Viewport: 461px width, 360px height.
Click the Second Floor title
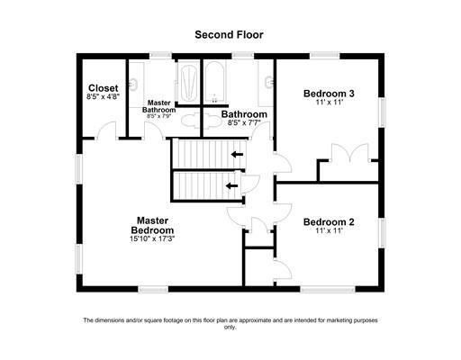point(229,35)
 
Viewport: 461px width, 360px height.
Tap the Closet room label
point(104,88)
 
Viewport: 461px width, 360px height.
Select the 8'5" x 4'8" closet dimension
point(104,96)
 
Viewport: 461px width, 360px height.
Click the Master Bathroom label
point(158,106)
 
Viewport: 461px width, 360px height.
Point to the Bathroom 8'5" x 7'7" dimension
point(244,122)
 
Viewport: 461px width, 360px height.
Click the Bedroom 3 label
point(329,94)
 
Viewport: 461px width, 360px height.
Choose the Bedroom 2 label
point(329,222)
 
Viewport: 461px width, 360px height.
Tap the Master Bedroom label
point(152,225)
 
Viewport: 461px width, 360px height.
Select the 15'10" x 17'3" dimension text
point(152,239)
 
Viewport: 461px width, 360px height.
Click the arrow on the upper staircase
point(237,155)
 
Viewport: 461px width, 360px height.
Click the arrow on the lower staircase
point(231,185)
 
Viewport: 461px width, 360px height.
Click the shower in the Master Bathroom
point(188,82)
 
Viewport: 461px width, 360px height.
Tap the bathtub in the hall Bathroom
point(214,82)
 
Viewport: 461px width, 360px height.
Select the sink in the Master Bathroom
point(133,84)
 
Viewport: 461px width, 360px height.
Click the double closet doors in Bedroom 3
point(349,153)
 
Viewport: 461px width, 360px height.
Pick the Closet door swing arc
point(107,130)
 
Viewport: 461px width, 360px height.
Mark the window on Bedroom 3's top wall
point(325,56)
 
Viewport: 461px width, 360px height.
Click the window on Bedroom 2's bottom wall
point(328,290)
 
